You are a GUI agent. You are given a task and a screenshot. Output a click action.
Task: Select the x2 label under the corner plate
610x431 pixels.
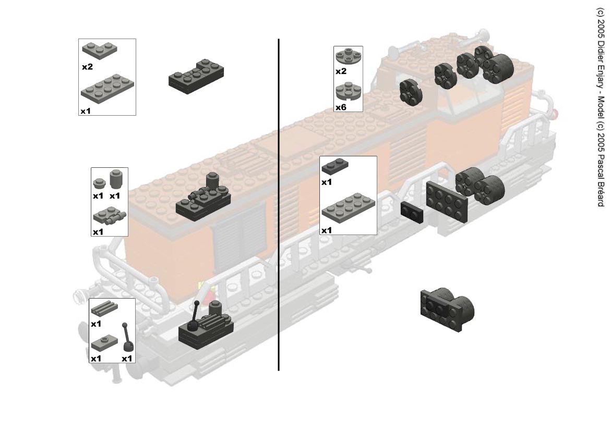88,67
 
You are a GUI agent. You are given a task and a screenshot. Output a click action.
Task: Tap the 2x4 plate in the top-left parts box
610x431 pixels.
107,89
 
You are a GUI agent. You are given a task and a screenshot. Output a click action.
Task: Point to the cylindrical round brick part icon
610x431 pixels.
116,179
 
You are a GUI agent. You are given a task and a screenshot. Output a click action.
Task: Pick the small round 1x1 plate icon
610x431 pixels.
99,182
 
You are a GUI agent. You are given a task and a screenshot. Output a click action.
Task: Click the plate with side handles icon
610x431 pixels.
110,216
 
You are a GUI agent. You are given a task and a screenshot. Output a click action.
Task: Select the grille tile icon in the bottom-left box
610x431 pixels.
104,309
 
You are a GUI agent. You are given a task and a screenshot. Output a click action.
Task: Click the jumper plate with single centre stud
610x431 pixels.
104,343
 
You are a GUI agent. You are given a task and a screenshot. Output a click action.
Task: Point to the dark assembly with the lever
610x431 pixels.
206,326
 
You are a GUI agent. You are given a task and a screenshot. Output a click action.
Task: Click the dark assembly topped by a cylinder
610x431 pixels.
203,198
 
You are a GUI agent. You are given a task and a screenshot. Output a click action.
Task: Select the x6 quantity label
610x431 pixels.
341,107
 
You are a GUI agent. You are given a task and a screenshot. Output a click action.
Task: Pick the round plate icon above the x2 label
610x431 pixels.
349,56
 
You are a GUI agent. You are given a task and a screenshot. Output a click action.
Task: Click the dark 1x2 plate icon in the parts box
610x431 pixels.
335,166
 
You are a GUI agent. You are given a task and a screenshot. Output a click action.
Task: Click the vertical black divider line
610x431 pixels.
279,205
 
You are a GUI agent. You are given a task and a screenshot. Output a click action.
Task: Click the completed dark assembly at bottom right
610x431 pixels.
447,310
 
